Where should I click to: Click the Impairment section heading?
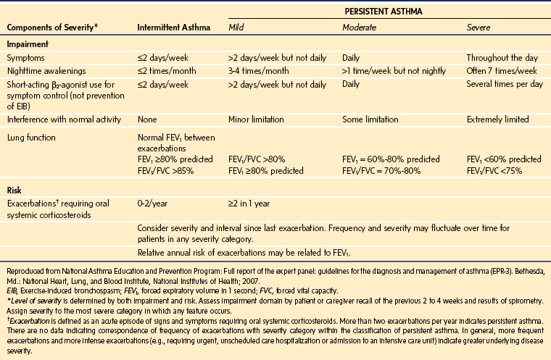coord(29,43)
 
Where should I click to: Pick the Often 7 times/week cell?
coord(502,71)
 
